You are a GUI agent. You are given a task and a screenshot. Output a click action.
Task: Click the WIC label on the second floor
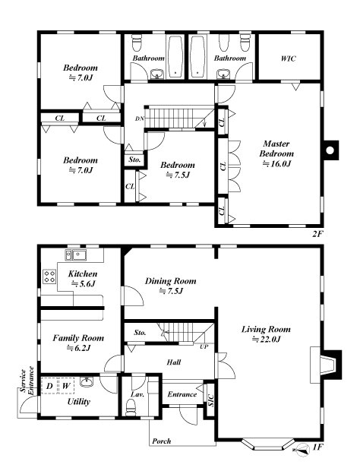pyautogui.click(x=289, y=58)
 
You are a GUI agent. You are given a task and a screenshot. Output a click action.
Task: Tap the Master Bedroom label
pyautogui.click(x=276, y=149)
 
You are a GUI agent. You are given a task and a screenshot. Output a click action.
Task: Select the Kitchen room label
pyautogui.click(x=83, y=273)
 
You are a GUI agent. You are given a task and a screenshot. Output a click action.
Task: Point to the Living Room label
pyautogui.click(x=266, y=330)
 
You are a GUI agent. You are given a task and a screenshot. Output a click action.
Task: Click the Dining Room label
pyautogui.click(x=171, y=281)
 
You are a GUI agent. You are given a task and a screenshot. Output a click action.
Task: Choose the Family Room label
pyautogui.click(x=78, y=338)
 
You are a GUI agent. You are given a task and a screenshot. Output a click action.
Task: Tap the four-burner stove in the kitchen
pyautogui.click(x=49, y=277)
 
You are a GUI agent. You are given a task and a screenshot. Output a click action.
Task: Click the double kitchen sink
pyautogui.click(x=76, y=255)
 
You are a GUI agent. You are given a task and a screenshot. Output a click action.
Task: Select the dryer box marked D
pyautogui.click(x=49, y=386)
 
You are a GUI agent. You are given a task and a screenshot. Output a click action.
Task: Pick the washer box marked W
pyautogui.click(x=66, y=386)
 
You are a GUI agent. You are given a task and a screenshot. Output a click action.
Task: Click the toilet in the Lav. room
pyautogui.click(x=131, y=409)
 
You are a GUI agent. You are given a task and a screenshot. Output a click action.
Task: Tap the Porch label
pyautogui.click(x=162, y=441)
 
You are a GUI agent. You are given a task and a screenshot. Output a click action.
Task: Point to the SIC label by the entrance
pyautogui.click(x=211, y=400)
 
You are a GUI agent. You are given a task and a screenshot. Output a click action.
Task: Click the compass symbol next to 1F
pyautogui.click(x=302, y=450)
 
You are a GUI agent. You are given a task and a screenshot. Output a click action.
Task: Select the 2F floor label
pyautogui.click(x=318, y=234)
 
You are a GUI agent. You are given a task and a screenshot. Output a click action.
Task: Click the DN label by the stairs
pyautogui.click(x=139, y=119)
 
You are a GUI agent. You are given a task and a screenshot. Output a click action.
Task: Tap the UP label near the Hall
pyautogui.click(x=204, y=346)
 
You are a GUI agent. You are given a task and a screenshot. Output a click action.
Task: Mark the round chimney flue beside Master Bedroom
pyautogui.click(x=330, y=150)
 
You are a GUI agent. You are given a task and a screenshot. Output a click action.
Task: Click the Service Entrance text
pyautogui.click(x=27, y=381)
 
